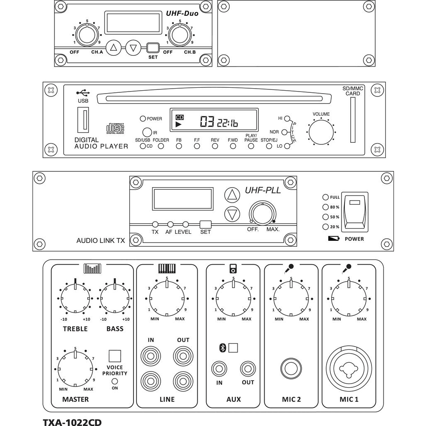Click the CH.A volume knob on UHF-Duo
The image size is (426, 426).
(87, 35)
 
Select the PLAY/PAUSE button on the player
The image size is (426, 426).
(251, 146)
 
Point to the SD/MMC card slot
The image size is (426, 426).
(352, 120)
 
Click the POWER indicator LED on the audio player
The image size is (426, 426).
(143, 119)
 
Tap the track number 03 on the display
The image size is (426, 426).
(207, 121)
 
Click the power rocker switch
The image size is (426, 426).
(354, 212)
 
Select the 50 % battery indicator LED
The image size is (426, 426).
(325, 217)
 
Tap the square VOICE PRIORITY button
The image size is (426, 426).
(115, 356)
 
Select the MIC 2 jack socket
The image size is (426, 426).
(291, 368)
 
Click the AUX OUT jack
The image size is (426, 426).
(248, 368)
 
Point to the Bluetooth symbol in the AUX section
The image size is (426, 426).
(223, 348)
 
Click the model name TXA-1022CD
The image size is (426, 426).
(72, 422)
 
